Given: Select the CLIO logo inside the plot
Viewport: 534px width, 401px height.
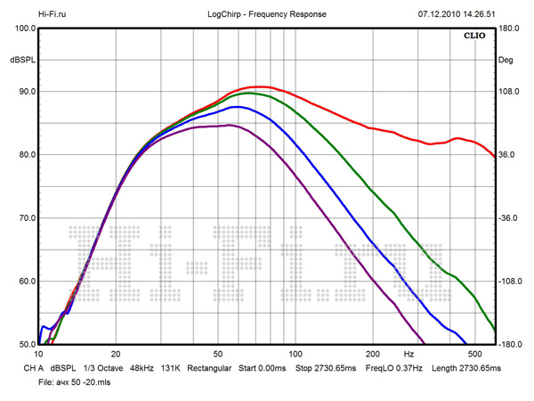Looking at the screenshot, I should pyautogui.click(x=473, y=36).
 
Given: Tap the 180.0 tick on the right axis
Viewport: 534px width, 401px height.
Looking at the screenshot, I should pyautogui.click(x=510, y=29).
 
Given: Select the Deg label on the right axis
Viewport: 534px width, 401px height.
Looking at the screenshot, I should pyautogui.click(x=506, y=60).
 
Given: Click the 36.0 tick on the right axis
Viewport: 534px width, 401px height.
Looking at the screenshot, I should pyautogui.click(x=508, y=155).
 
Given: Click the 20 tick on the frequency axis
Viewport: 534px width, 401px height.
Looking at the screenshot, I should pyautogui.click(x=116, y=354).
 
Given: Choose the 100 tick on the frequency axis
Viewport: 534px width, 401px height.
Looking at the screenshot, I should pyautogui.click(x=297, y=354).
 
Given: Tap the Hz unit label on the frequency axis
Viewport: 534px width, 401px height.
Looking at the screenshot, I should pyautogui.click(x=409, y=354).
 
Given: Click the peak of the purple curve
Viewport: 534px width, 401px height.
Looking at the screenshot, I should pyautogui.click(x=229, y=126).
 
